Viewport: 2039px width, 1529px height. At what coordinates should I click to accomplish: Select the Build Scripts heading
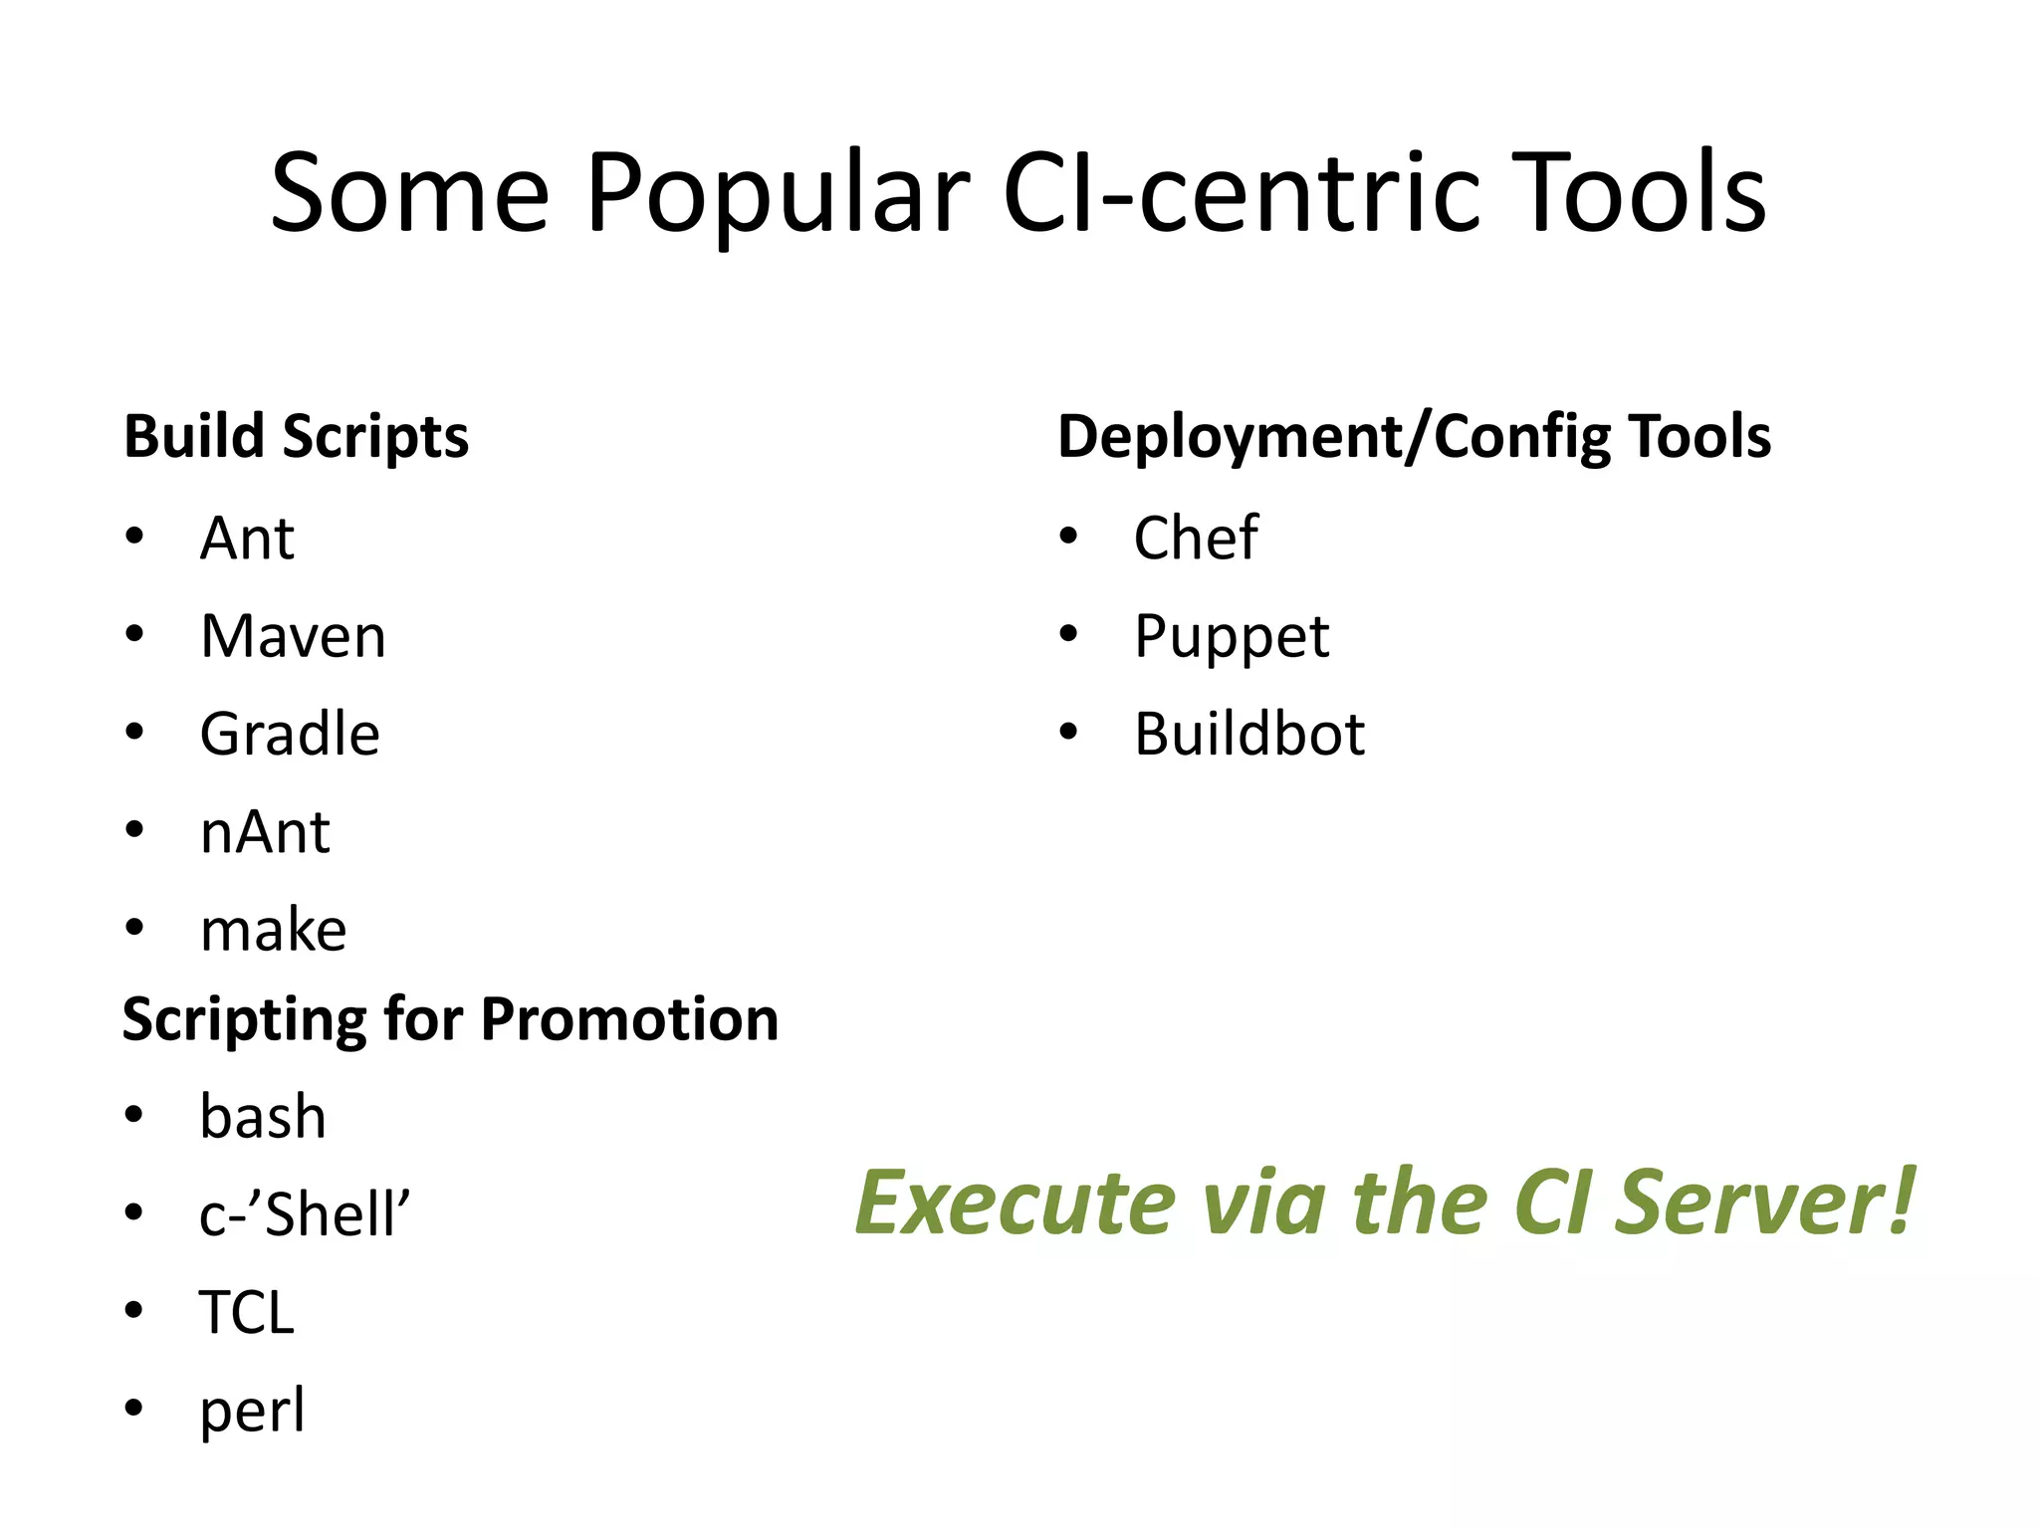click(296, 437)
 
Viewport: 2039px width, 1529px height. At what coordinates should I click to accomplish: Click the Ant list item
click(247, 539)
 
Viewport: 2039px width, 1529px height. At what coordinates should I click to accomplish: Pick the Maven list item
click(293, 636)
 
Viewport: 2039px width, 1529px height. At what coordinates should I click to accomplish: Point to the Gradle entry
click(290, 735)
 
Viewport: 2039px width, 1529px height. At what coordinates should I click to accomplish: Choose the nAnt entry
click(265, 832)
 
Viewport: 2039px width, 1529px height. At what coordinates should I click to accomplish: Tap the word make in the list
click(273, 931)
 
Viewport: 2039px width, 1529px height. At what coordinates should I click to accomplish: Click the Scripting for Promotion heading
click(450, 1019)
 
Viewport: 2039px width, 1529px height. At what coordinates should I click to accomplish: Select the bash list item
click(263, 1117)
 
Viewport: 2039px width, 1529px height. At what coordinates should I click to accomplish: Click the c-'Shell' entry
click(305, 1214)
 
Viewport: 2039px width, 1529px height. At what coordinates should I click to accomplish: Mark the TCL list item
click(247, 1313)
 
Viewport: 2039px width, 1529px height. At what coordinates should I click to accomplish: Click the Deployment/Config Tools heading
click(1414, 437)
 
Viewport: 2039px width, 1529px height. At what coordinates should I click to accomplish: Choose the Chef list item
click(1196, 539)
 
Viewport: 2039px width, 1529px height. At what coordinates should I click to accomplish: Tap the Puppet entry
click(1232, 637)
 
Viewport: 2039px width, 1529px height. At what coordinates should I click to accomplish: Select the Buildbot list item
click(1249, 735)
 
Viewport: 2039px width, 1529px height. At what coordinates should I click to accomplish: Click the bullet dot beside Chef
click(1069, 538)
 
